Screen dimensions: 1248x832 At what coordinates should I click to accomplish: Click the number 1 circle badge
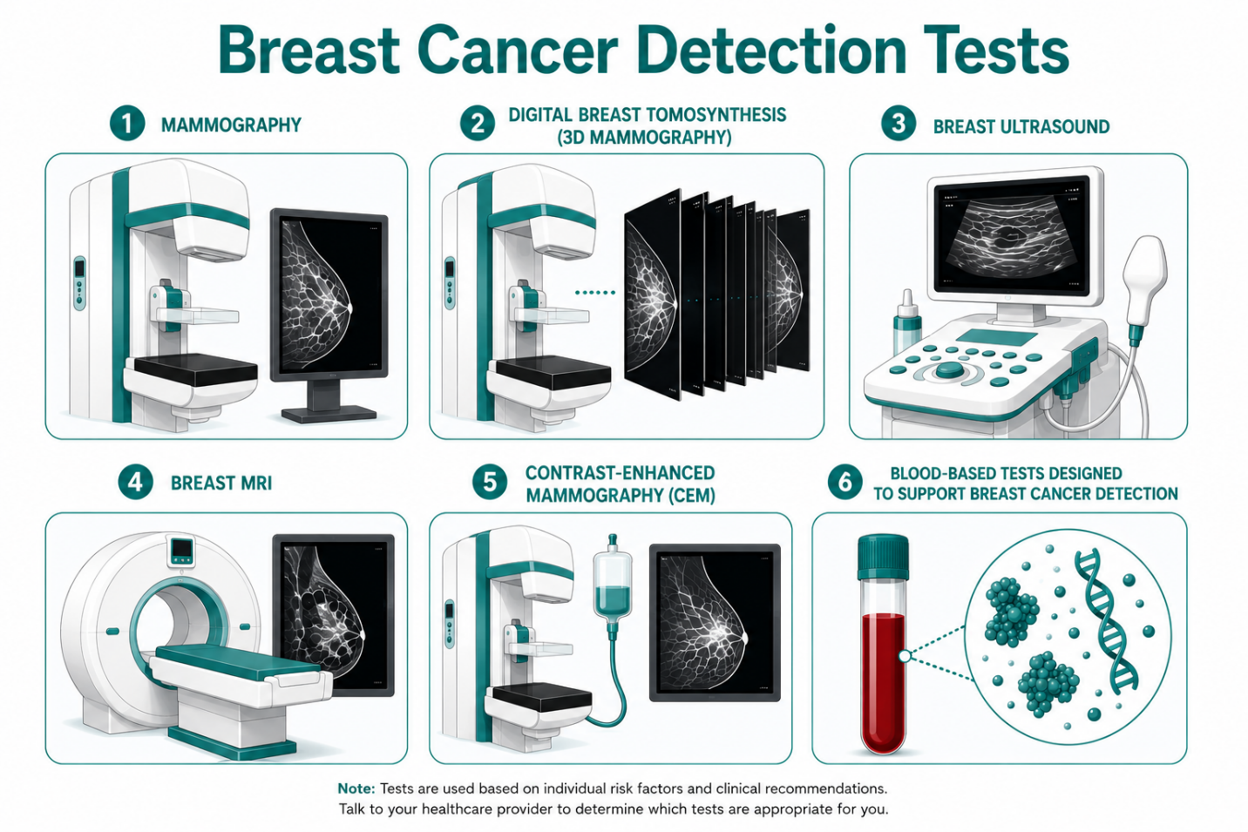coord(127,124)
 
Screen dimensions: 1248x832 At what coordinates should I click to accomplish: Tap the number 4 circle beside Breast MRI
coord(135,483)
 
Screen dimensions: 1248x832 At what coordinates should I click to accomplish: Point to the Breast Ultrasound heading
coord(1021,126)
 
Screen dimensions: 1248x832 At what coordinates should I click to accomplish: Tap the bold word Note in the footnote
coord(356,788)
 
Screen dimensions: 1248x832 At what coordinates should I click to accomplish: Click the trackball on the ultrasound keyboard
coord(949,369)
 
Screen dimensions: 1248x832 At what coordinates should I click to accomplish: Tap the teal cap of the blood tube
coord(883,558)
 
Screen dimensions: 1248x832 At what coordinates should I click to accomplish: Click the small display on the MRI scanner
coord(181,549)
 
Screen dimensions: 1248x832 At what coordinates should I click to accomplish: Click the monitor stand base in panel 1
coord(329,414)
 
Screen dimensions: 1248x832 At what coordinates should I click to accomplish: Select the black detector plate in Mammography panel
coord(195,369)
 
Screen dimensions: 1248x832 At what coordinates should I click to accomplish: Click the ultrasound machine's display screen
coord(1013,235)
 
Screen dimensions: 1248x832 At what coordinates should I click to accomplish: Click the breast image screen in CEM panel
coord(715,622)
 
